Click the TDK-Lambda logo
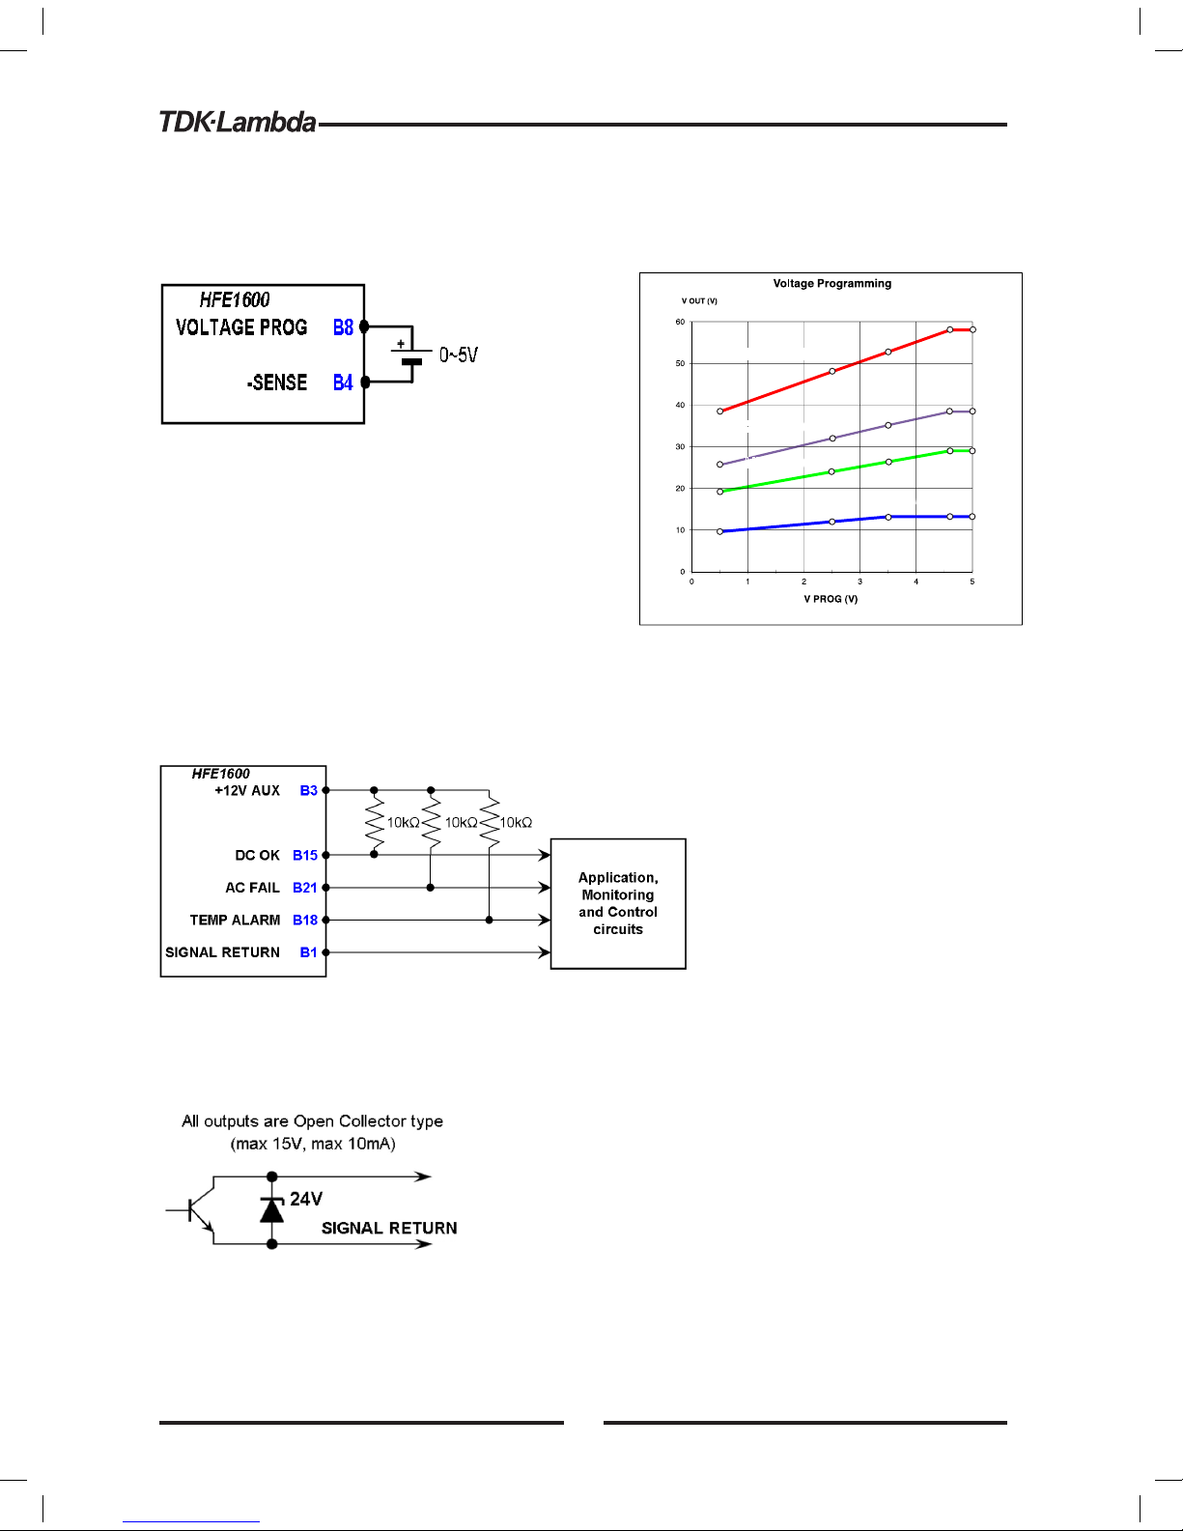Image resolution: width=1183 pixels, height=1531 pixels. point(238,122)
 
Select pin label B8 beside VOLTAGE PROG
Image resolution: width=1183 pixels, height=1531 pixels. point(343,327)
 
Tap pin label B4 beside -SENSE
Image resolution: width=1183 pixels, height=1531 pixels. point(343,383)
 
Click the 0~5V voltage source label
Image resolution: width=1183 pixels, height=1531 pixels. point(459,355)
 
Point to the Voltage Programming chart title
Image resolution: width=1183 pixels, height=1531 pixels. point(831,284)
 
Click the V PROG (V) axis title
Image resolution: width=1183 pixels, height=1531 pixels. point(831,599)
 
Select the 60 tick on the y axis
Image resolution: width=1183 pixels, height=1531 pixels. point(680,322)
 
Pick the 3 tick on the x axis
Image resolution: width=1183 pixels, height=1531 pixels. point(859,581)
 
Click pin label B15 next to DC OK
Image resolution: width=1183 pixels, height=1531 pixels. point(305,855)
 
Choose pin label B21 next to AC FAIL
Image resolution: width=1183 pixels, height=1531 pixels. point(305,888)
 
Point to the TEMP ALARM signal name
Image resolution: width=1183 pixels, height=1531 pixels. point(235,921)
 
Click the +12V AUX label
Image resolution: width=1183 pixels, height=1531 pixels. point(247,790)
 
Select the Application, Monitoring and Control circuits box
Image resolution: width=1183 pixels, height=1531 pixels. point(618,904)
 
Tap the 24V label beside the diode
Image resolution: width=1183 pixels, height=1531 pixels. point(306,1199)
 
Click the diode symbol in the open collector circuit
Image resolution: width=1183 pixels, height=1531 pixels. point(272,1209)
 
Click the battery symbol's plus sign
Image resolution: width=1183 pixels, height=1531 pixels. point(401,344)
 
